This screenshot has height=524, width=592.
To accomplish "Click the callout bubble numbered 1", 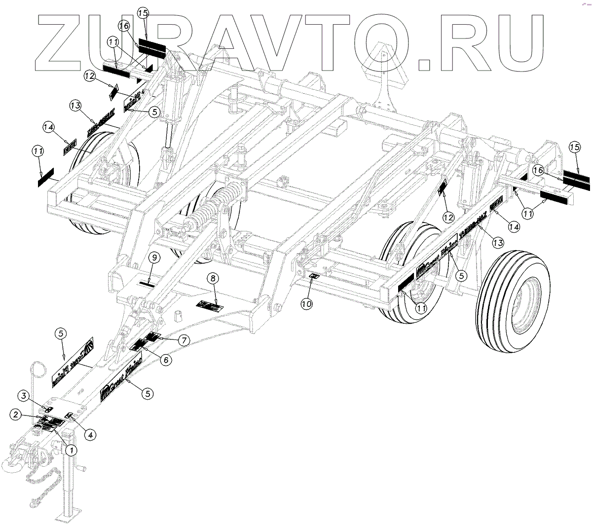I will (72, 449).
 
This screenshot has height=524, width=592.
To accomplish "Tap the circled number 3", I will (23, 395).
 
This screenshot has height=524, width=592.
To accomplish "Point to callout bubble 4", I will (90, 435).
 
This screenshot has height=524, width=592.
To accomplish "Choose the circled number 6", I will (166, 360).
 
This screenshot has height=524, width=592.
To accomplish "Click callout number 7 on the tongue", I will (184, 340).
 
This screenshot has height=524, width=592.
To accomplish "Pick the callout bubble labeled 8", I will (213, 279).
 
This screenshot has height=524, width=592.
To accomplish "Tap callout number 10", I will (307, 304).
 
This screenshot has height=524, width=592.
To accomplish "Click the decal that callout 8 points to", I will (210, 306).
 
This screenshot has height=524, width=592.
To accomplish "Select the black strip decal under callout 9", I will (148, 283).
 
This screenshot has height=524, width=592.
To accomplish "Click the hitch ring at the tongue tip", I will (12, 464).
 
